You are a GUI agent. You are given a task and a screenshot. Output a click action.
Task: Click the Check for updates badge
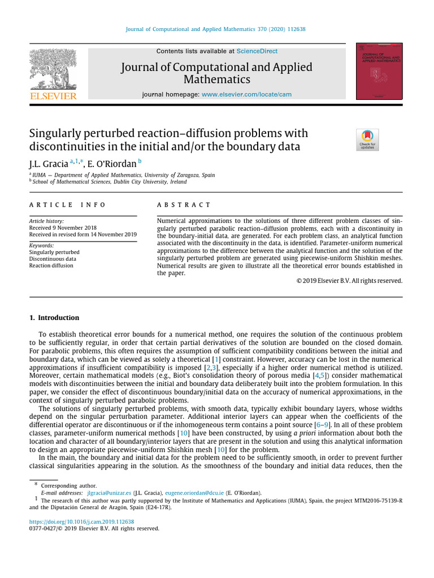pyautogui.click(x=367, y=139)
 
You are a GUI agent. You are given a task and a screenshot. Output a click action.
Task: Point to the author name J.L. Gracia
pyautogui.click(x=49, y=164)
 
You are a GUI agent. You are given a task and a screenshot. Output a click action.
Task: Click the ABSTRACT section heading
pyautogui.click(x=184, y=205)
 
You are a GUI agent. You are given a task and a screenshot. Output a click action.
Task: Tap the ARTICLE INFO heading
pyautogui.click(x=67, y=205)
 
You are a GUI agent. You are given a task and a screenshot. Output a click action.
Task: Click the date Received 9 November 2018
pyautogui.click(x=63, y=227)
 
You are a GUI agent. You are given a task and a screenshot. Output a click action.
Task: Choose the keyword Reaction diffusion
pyautogui.click(x=51, y=265)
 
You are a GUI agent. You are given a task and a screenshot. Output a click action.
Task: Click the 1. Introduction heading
pyautogui.click(x=54, y=318)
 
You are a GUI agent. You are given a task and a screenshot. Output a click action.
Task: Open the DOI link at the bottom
pyautogui.click(x=81, y=522)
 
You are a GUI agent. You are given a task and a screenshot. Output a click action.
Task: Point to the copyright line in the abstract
pyautogui.click(x=349, y=281)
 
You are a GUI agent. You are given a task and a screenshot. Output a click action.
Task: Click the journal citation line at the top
pyautogui.click(x=215, y=29)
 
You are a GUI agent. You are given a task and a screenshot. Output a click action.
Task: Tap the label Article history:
pyautogui.click(x=46, y=221)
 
